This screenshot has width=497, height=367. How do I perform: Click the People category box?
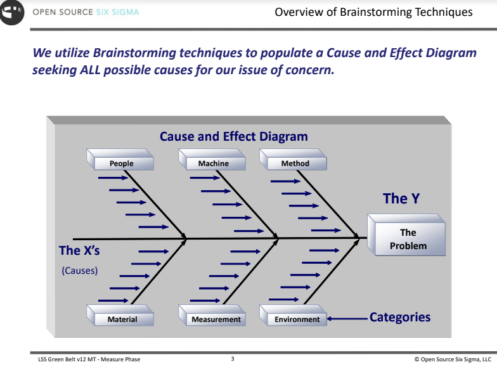pos(121,163)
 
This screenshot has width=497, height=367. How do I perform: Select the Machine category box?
pos(213,163)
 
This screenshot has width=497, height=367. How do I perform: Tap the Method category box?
pos(295,163)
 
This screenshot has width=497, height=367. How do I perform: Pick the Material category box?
pos(122,319)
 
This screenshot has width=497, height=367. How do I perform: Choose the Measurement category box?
pos(216,319)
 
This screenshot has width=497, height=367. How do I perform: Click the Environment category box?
pos(297,319)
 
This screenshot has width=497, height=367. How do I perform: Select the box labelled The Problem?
pos(408,239)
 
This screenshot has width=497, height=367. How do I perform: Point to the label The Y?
pos(401,198)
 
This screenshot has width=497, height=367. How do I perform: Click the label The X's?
pos(79,250)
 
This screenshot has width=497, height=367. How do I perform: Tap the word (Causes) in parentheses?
pos(79,271)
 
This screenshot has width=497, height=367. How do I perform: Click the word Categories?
pos(399,317)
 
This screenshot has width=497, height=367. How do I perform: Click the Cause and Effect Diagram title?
pos(234,136)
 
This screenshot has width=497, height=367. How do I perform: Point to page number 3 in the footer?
pos(233,359)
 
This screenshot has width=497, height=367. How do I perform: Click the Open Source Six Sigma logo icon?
pos(14,13)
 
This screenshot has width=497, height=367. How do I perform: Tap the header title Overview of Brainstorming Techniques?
pos(373,12)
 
